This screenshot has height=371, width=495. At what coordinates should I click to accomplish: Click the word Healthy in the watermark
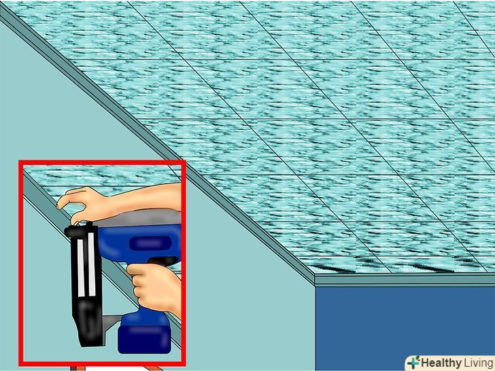(441, 364)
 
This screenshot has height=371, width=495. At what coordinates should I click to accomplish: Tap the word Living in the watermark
(478, 364)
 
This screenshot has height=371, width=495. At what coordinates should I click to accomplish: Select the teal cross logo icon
(412, 364)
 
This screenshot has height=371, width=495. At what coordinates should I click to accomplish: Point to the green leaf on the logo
(417, 359)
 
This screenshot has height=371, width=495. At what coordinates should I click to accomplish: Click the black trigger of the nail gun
(163, 261)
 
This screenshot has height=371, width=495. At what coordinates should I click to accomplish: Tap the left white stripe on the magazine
(81, 268)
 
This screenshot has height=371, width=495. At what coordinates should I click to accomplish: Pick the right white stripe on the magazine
(92, 264)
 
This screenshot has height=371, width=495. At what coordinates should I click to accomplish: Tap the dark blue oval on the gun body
(150, 243)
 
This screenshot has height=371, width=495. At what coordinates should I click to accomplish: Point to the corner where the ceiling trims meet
(315, 279)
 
